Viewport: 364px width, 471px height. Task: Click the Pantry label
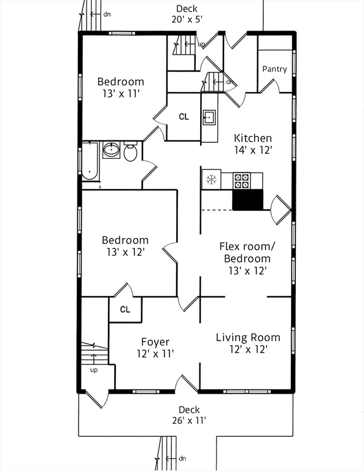(x=274, y=69)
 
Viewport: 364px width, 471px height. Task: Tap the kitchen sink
(x=209, y=117)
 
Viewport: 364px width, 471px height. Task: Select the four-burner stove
(x=242, y=181)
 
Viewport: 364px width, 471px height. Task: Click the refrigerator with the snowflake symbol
(x=211, y=180)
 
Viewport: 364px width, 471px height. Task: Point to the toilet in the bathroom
(x=131, y=151)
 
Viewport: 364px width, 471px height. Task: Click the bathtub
(x=90, y=161)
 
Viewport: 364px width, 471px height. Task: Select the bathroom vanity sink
(x=112, y=150)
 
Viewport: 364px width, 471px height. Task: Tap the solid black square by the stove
(x=247, y=200)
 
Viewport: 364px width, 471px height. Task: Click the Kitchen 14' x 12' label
(x=253, y=144)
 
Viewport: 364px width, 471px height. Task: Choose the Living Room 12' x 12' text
(x=248, y=343)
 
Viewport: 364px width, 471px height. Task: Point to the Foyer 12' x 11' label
(x=155, y=348)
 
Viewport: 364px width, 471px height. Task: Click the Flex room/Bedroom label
(x=247, y=253)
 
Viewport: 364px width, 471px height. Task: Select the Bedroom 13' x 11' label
(x=121, y=88)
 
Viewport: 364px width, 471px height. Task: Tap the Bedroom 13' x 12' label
(x=125, y=246)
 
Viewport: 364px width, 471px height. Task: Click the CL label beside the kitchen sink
(x=184, y=117)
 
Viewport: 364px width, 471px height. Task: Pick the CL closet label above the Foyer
(x=125, y=309)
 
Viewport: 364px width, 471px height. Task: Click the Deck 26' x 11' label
(x=189, y=415)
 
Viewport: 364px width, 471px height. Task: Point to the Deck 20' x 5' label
(x=187, y=14)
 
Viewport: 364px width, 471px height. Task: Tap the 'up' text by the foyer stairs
(x=94, y=370)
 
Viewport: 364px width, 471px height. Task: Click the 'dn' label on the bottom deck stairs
(x=182, y=458)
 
